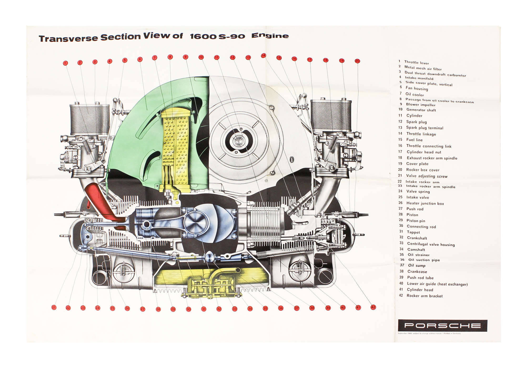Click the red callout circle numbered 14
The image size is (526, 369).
click(263, 55)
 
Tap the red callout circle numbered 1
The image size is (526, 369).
click(65, 63)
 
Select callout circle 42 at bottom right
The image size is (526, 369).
click(373, 307)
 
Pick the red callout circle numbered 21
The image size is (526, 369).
click(54, 307)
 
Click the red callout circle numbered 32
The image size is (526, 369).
click(219, 309)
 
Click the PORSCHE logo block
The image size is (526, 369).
click(442, 325)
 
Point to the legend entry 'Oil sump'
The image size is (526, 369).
click(417, 265)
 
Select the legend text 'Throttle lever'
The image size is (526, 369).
click(416, 63)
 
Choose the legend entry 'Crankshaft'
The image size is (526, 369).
click(417, 238)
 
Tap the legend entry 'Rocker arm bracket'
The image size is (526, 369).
click(424, 296)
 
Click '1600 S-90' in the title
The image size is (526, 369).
click(217, 37)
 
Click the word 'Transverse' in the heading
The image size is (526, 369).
click(68, 38)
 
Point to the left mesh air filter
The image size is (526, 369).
click(89, 120)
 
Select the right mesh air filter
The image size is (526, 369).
click(331, 116)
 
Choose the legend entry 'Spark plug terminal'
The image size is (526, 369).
click(424, 128)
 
